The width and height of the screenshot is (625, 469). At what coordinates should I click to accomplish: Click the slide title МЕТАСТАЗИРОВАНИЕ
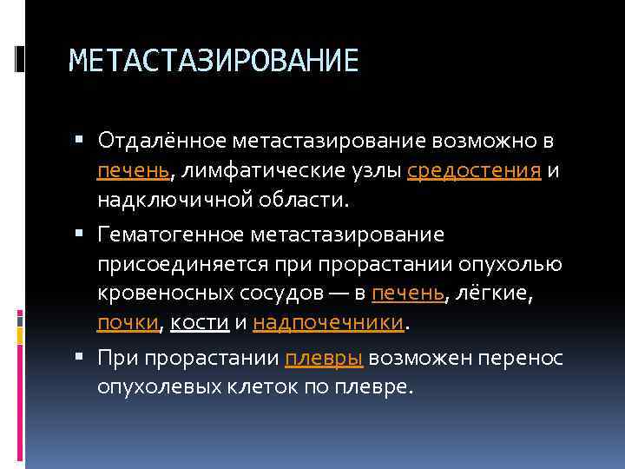(x=213, y=61)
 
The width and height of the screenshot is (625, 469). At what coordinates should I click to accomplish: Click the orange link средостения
(x=475, y=171)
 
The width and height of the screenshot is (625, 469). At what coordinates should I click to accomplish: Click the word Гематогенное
(x=172, y=234)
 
